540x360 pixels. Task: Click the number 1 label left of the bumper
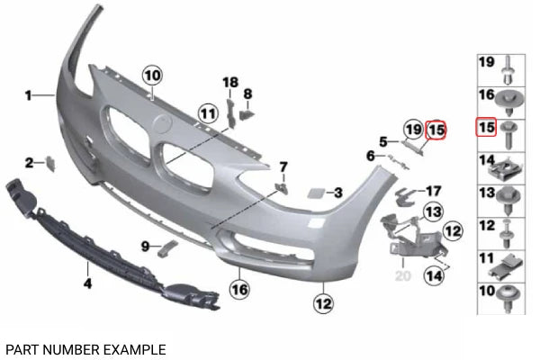[x=29, y=95]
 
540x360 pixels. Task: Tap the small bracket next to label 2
[x=50, y=163]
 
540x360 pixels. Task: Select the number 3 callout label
[x=338, y=193]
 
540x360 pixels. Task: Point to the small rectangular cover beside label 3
[x=316, y=193]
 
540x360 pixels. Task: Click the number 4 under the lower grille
[x=88, y=283]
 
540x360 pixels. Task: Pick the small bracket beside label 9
[x=167, y=248]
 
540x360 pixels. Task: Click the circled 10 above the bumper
[x=153, y=76]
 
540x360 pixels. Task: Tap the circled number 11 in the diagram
[x=209, y=113]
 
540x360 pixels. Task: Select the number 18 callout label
[x=230, y=82]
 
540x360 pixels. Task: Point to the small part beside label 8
[x=247, y=114]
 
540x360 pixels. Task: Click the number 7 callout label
[x=283, y=167]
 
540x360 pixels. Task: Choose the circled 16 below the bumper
[x=239, y=290]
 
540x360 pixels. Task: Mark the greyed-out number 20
[x=403, y=276]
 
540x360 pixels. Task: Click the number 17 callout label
[x=433, y=191]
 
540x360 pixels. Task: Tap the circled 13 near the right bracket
[x=434, y=211]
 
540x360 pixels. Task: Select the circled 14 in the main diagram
[x=435, y=275]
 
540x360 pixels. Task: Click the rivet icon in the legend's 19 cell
[x=508, y=70]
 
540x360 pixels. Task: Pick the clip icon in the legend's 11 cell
[x=505, y=268]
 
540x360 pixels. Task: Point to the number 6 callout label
[x=370, y=156]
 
